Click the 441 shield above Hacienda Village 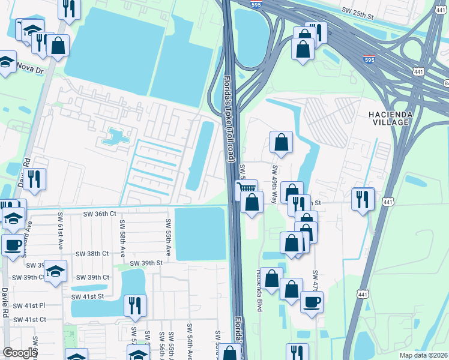tap(418, 71)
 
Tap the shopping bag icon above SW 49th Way tap(281, 143)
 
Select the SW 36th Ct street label tap(96, 214)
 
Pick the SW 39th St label tap(147, 263)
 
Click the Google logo tap(20, 353)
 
